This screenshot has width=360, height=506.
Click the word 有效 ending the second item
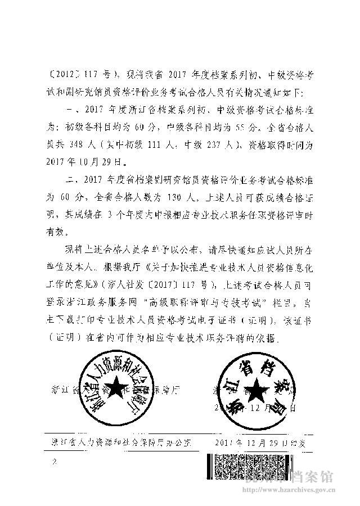coord(58,232)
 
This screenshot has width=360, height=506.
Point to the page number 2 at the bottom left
coord(55,462)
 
